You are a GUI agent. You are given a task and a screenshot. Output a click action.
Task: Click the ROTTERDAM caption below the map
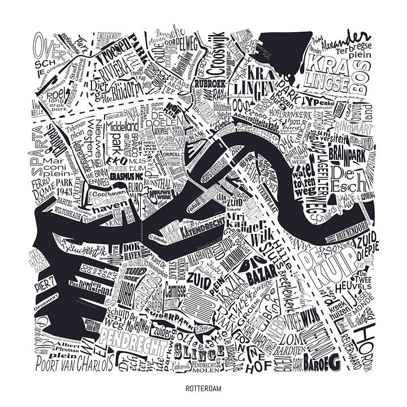pyautogui.click(x=203, y=389)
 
